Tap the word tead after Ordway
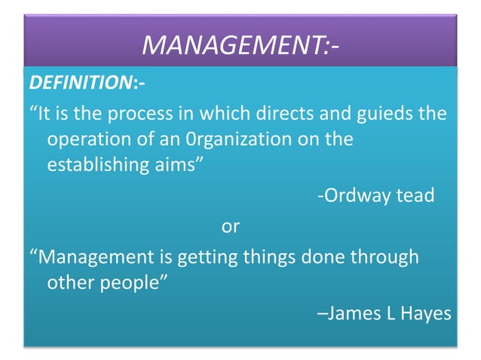click(416, 196)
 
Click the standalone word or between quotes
click(230, 225)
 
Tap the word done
click(324, 257)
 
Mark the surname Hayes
click(427, 313)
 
